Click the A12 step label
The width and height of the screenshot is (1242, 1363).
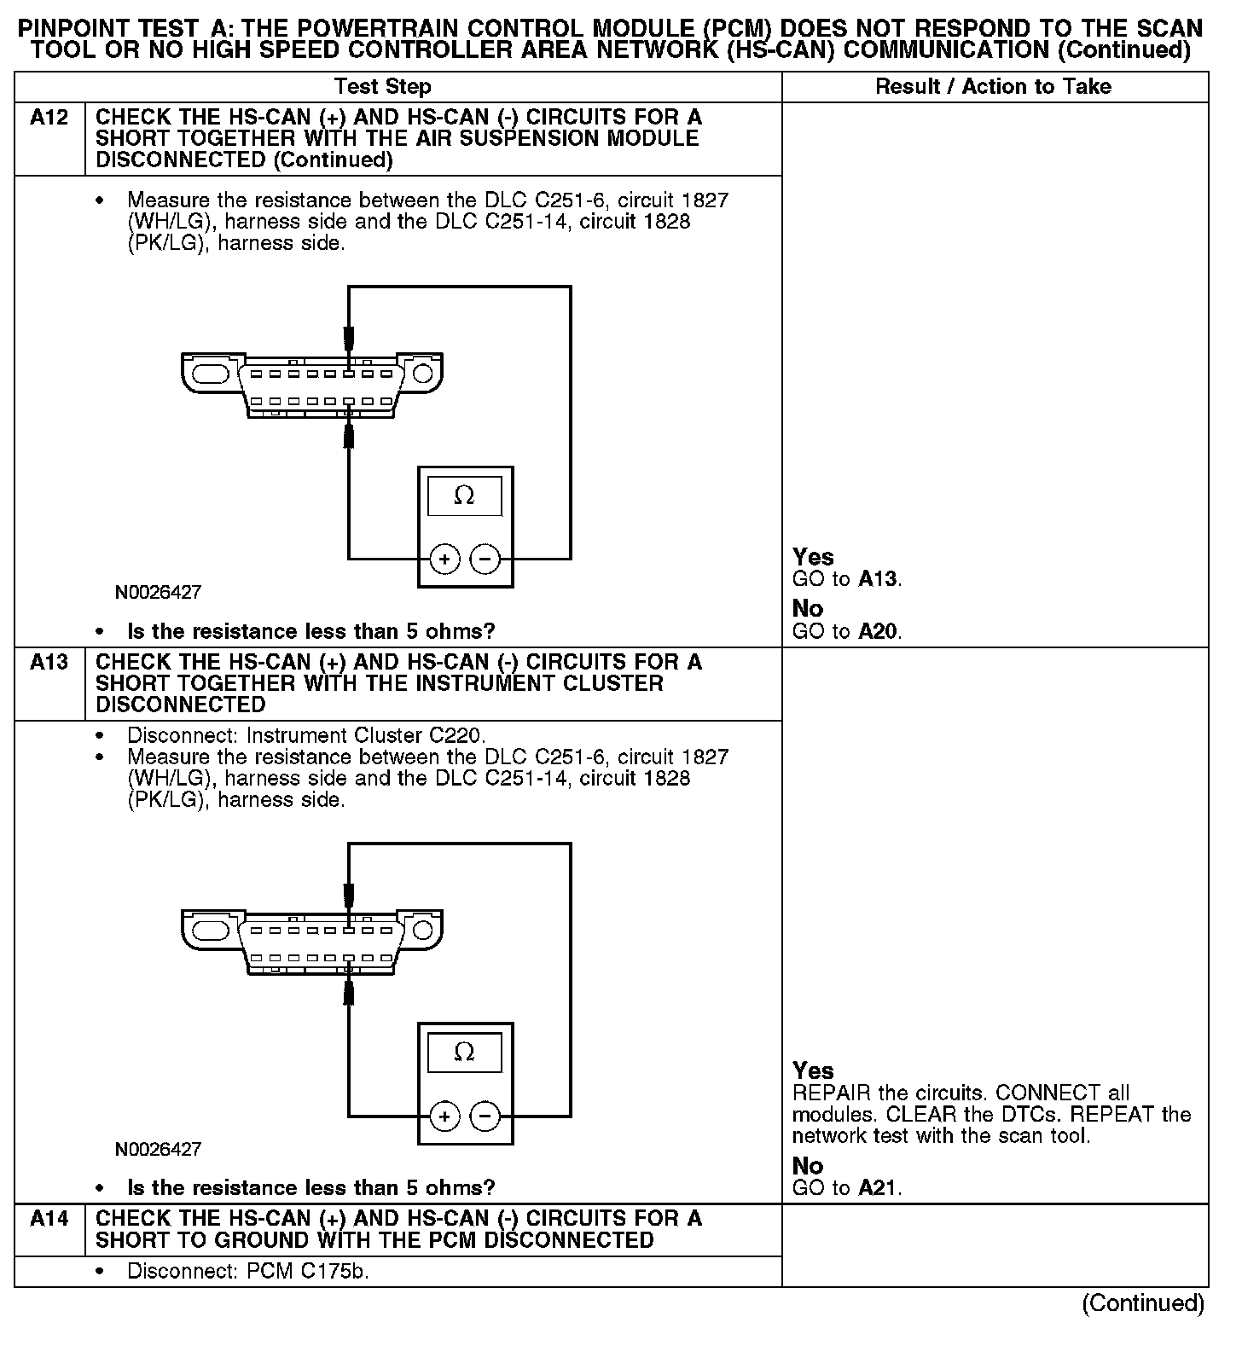tap(49, 117)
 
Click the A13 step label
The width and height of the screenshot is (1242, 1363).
tap(49, 662)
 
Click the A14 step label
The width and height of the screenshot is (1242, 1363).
tap(49, 1219)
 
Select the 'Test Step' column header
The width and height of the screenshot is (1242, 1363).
tap(382, 86)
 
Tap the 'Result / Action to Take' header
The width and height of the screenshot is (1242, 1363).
tap(994, 86)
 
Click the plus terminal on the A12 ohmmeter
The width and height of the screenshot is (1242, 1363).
tap(444, 560)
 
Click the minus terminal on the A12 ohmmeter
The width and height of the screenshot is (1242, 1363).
tap(485, 560)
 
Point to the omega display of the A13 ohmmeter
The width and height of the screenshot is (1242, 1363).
tap(464, 1052)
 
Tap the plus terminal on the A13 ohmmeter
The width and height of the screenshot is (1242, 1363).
tap(444, 1116)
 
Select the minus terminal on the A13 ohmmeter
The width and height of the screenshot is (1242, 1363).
tap(485, 1116)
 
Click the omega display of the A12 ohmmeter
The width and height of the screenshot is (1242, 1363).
tap(464, 495)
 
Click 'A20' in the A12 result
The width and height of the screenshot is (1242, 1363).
tap(879, 632)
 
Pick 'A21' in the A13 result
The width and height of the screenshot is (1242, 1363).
tap(879, 1188)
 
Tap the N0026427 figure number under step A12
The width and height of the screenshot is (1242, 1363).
tap(159, 592)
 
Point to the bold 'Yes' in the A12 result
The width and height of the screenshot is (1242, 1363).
tap(813, 557)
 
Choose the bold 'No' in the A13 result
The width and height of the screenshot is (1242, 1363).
tap(808, 1166)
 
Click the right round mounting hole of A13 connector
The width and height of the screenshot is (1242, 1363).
tap(422, 930)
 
